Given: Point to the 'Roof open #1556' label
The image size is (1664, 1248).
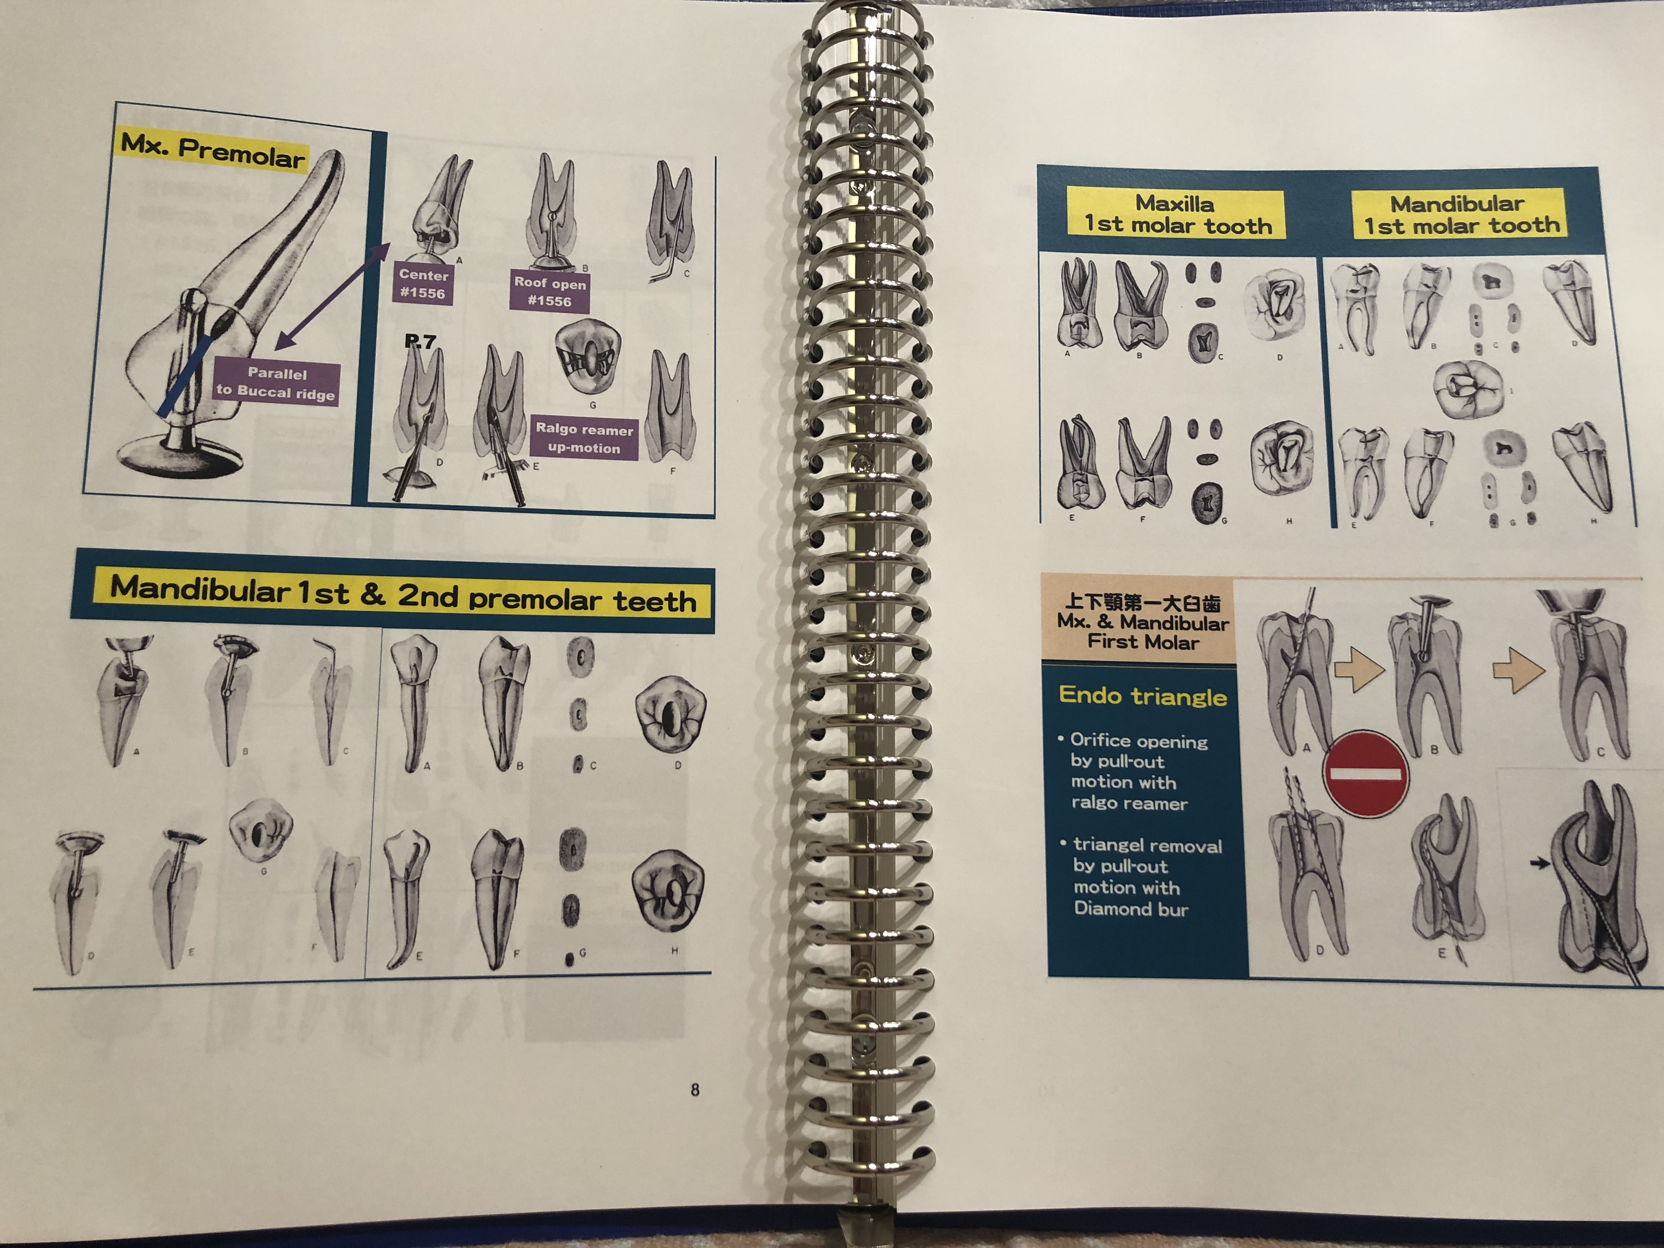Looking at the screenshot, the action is coord(549,291).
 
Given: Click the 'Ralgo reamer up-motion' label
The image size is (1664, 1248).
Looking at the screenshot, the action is coord(584,438).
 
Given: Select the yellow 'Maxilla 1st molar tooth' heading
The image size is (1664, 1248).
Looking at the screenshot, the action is coord(1176,214).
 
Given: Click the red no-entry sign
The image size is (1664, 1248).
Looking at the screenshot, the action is coord(1365,773).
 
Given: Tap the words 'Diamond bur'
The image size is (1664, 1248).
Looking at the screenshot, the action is coord(1131,909).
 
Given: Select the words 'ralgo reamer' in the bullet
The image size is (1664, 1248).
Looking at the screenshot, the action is coord(1129,804).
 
